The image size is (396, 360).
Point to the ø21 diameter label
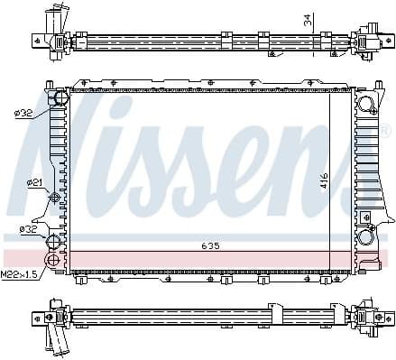[34, 183]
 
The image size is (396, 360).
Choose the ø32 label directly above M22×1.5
[29, 229]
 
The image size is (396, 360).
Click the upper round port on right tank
[367, 103]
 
